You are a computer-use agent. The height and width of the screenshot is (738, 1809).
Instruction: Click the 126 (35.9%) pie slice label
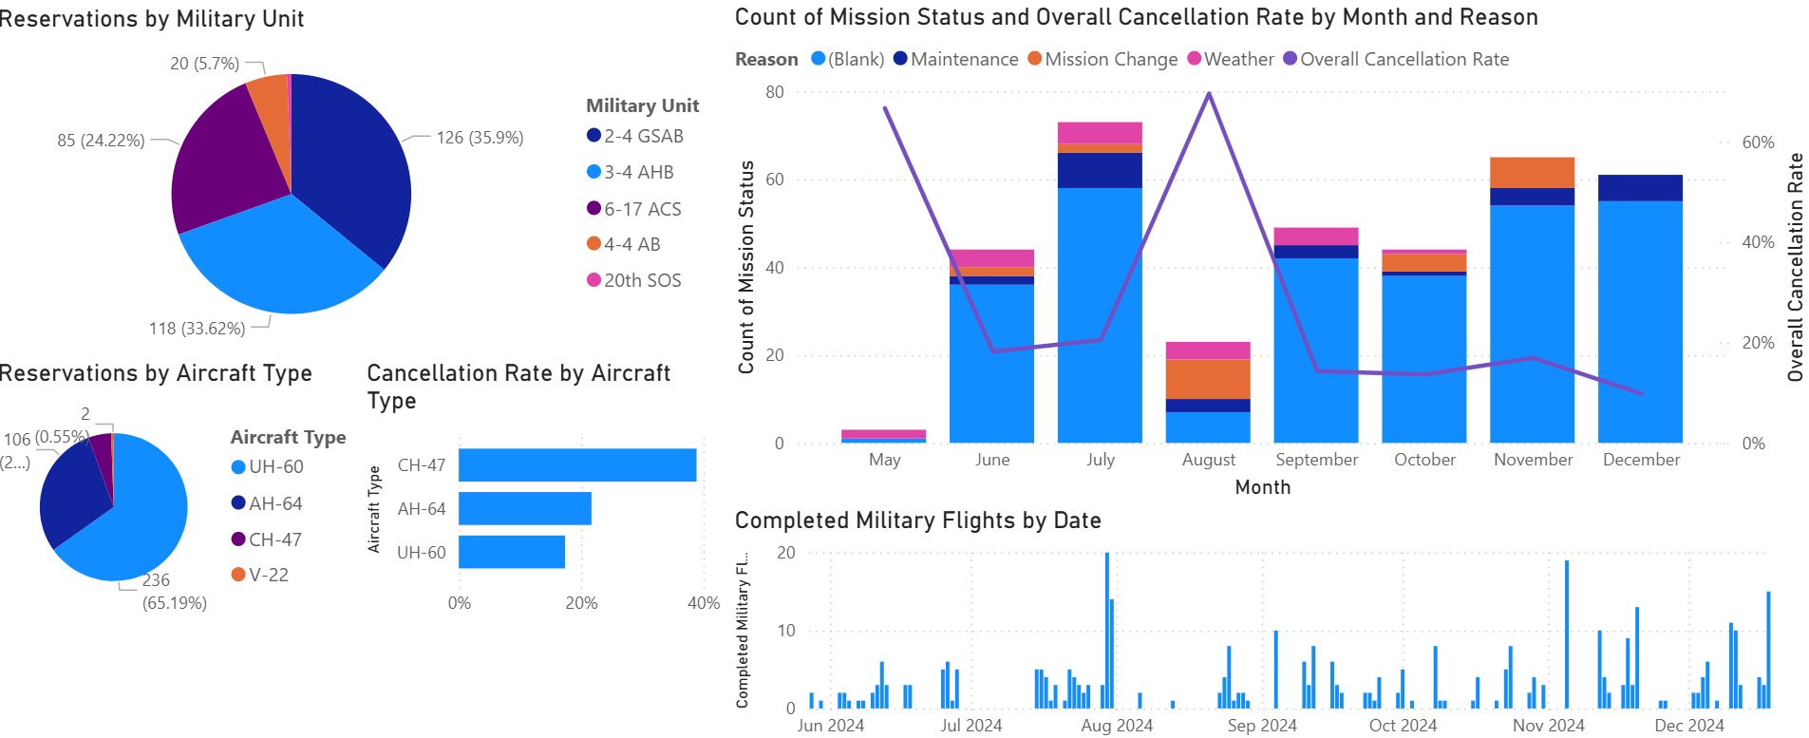tap(480, 138)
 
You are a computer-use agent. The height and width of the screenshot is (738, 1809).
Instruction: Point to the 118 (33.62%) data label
tap(197, 329)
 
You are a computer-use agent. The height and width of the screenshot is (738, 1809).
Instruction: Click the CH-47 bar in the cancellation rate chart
tap(577, 465)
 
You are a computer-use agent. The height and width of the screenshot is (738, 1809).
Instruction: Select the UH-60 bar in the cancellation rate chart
tap(512, 552)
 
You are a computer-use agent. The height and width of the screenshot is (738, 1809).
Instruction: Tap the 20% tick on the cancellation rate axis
tap(581, 603)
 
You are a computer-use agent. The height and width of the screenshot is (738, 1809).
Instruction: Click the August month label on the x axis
tap(1209, 460)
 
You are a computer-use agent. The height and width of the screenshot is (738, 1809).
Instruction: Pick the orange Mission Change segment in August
tap(1208, 379)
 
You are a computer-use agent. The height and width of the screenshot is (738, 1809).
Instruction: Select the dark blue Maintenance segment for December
tap(1640, 187)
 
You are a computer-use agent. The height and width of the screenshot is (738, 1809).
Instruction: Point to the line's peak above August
tap(1209, 93)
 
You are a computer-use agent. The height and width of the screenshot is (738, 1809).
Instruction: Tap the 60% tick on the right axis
tap(1758, 142)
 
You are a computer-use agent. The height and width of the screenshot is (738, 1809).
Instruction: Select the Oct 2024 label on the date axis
tap(1403, 726)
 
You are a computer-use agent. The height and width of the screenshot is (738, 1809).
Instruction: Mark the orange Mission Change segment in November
tap(1532, 172)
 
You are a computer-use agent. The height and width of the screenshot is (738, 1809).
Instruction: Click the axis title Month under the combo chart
tap(1262, 487)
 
